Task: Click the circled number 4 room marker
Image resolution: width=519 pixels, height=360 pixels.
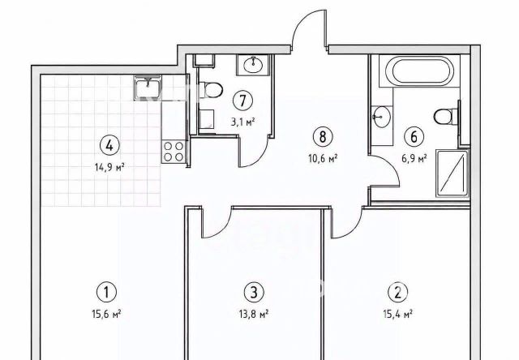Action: (x=109, y=146)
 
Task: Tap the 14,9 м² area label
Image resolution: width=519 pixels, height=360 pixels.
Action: (x=109, y=167)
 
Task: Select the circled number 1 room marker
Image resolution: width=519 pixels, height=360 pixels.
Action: (x=106, y=293)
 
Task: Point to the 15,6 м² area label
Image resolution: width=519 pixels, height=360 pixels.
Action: (x=106, y=314)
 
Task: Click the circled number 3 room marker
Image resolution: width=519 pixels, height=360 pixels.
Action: (x=254, y=293)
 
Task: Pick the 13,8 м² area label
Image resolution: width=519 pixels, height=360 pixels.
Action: (x=254, y=314)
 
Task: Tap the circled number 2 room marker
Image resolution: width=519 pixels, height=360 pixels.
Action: (x=398, y=293)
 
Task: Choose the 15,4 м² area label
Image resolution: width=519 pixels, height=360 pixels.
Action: (x=398, y=314)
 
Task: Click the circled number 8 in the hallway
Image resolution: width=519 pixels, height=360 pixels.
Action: (x=323, y=137)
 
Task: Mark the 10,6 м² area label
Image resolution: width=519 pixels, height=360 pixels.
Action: (x=323, y=158)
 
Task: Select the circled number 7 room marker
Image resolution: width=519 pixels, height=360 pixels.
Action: (x=243, y=101)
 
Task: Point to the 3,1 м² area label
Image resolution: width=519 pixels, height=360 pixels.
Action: (x=243, y=122)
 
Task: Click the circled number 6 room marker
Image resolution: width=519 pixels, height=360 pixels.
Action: (x=414, y=137)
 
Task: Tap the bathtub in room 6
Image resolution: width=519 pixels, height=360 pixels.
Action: (x=419, y=71)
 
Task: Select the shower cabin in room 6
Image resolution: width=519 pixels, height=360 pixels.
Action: (x=453, y=174)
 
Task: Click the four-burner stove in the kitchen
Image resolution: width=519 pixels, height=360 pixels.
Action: (x=174, y=151)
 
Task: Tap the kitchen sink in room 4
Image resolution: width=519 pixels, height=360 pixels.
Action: (x=148, y=88)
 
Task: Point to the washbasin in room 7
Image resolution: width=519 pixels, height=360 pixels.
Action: (x=254, y=65)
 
